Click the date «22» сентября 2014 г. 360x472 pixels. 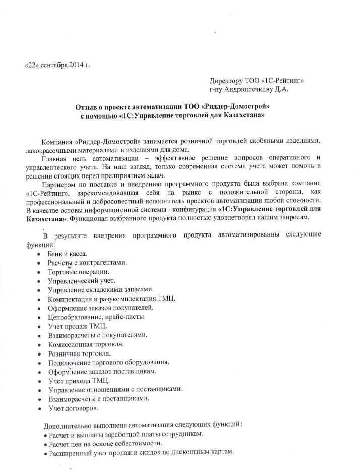57,66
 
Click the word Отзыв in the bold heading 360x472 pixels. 87,107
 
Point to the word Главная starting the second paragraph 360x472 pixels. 57,158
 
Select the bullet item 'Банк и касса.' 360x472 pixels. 68,254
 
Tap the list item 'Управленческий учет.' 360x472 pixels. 82,281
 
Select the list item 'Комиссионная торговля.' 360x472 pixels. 86,344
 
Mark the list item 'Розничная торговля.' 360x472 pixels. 79,353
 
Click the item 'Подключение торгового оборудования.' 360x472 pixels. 109,363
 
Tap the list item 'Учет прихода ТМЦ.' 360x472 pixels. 79,380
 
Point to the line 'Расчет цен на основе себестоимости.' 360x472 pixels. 105,443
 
